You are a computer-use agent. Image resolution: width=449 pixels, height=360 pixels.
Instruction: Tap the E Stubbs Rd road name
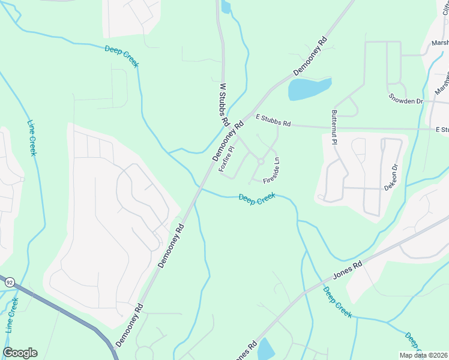click(273, 121)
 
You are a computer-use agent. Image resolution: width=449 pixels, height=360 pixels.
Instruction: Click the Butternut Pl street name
click(334, 129)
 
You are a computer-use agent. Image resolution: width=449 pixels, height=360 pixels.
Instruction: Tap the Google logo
click(20, 353)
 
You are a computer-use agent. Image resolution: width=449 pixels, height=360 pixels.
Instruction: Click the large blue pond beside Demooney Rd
click(309, 89)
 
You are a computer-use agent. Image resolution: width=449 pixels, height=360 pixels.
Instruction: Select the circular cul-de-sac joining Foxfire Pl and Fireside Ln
click(261, 161)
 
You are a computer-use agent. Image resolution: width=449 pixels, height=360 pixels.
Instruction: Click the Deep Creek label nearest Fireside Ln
click(257, 199)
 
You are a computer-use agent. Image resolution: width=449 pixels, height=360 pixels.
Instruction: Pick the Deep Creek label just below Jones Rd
click(337, 302)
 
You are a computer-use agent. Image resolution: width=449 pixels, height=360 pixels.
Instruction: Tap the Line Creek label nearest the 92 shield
click(11, 315)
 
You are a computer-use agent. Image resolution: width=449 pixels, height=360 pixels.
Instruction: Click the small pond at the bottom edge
click(265, 349)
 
